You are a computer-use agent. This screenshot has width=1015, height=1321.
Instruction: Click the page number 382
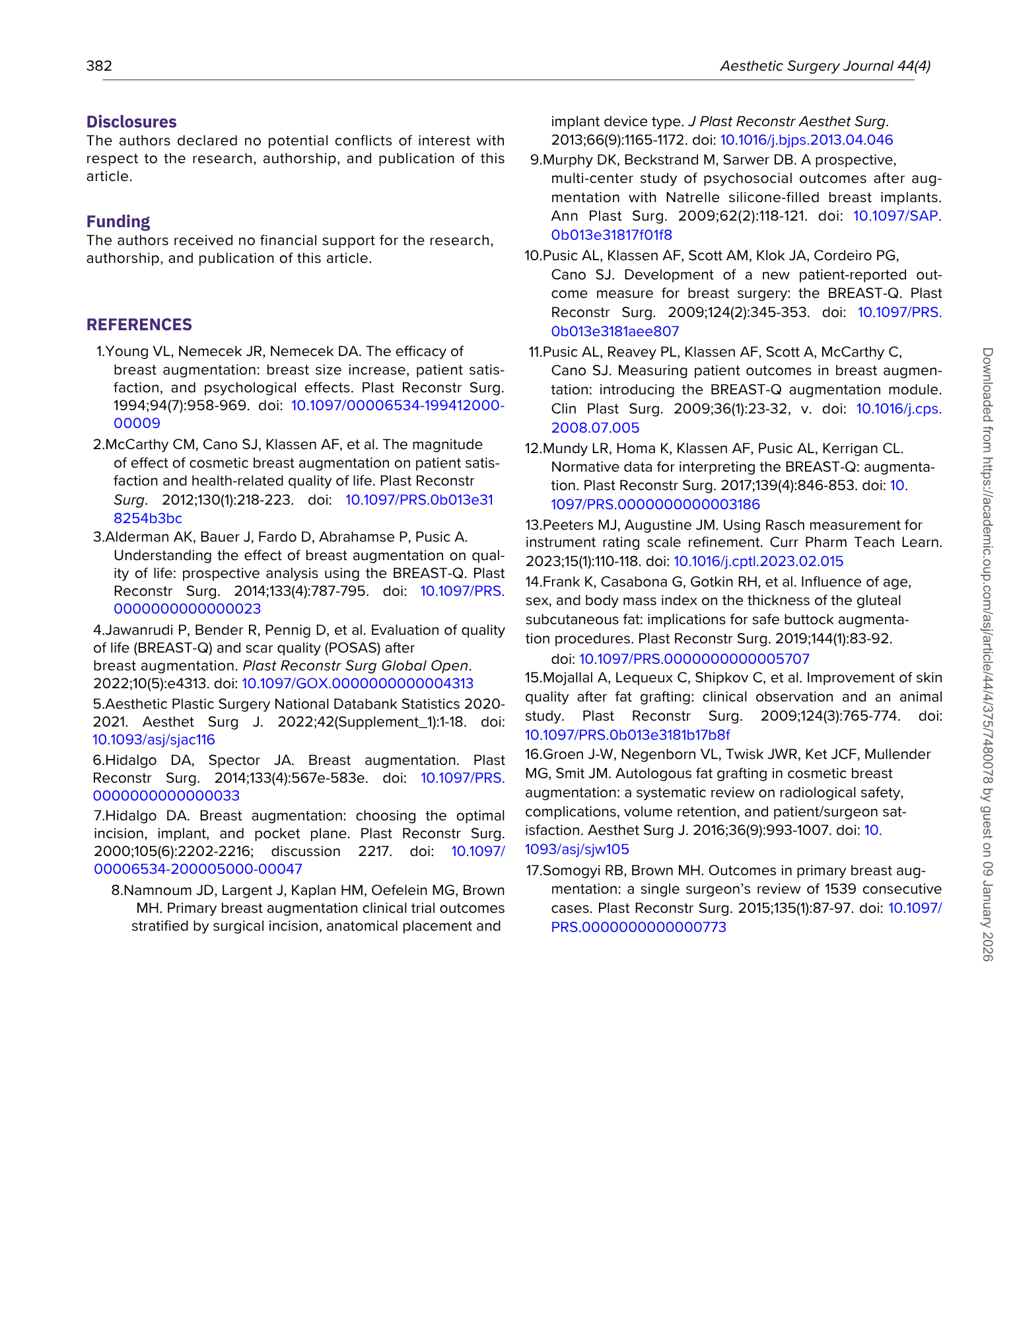(99, 66)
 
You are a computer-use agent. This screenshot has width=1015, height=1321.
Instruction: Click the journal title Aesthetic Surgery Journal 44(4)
(825, 66)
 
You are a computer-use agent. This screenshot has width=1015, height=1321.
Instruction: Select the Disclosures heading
(131, 122)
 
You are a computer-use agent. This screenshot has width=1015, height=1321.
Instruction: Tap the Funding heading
(118, 221)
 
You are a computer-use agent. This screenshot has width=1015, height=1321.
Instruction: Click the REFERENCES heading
(139, 324)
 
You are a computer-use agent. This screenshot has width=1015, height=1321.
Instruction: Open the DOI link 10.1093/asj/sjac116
(153, 740)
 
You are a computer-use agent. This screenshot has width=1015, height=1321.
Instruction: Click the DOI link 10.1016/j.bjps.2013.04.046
(806, 140)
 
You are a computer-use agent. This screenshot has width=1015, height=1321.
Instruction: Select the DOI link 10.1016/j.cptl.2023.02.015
(758, 561)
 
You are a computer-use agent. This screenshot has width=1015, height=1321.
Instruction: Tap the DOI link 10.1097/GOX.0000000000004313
(357, 684)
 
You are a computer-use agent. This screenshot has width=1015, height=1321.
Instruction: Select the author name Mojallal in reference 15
(569, 678)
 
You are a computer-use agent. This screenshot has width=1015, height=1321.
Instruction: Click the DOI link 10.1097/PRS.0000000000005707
(694, 659)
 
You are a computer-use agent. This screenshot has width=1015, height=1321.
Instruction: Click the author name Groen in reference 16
(561, 754)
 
